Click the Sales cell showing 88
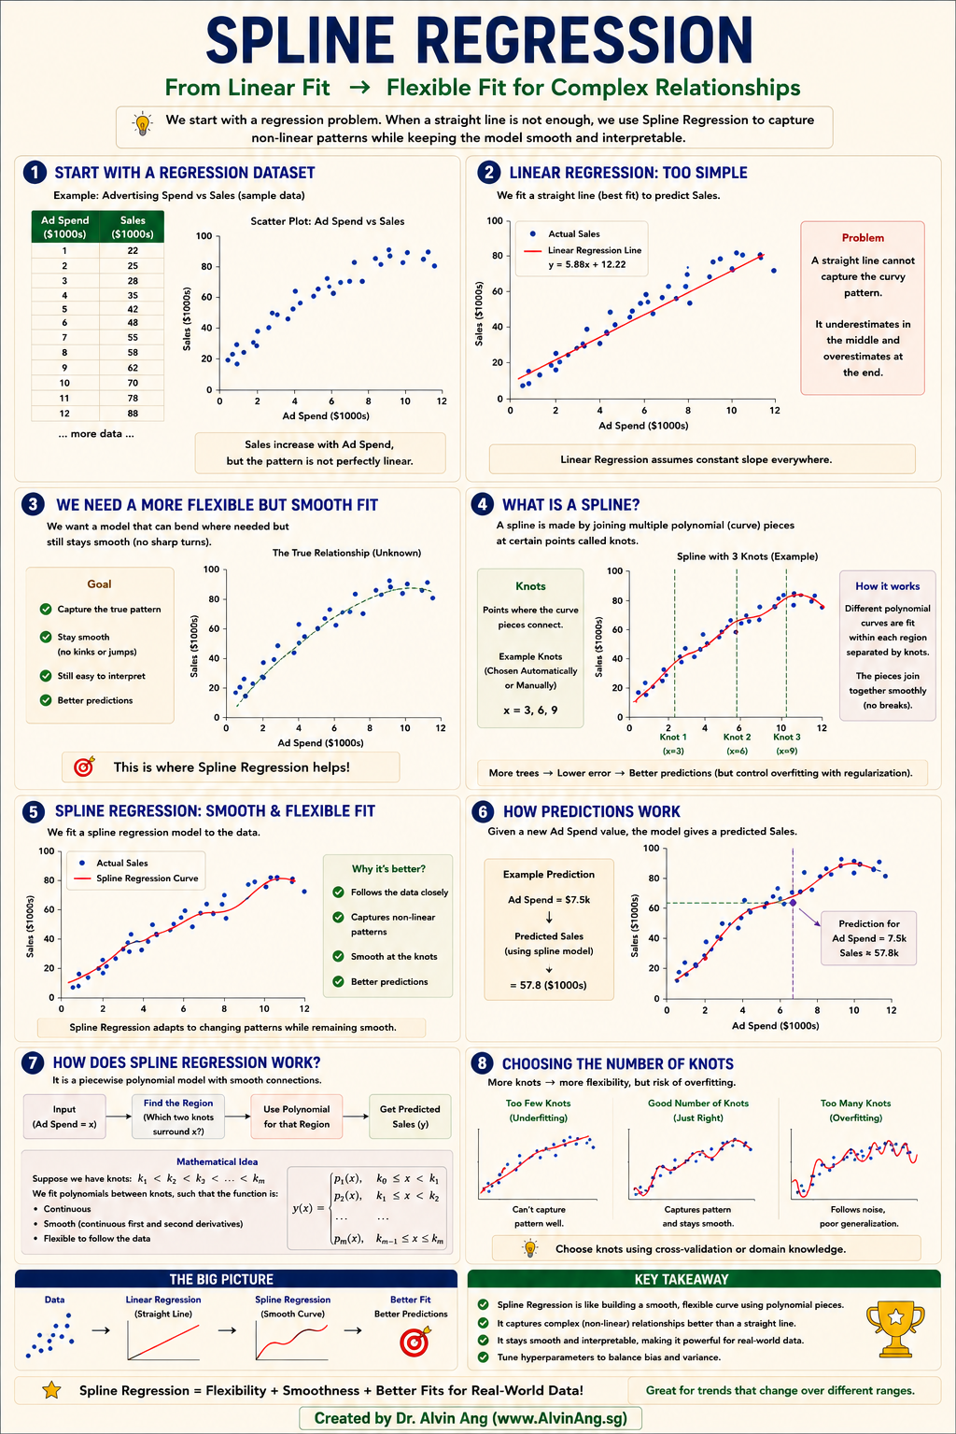pyautogui.click(x=133, y=413)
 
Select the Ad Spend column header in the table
pyautogui.click(x=64, y=227)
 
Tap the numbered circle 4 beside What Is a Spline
pyautogui.click(x=482, y=504)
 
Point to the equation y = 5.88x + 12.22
pyautogui.click(x=587, y=264)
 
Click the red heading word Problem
pyautogui.click(x=863, y=237)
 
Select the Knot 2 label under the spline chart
pyautogui.click(x=737, y=737)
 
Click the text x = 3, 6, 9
pyautogui.click(x=530, y=710)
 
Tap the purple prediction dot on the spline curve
pyautogui.click(x=793, y=903)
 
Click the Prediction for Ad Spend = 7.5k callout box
pyautogui.click(x=869, y=938)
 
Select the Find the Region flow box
pyautogui.click(x=178, y=1117)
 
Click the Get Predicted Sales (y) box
pyautogui.click(x=410, y=1117)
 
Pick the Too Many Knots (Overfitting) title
pyautogui.click(x=855, y=1110)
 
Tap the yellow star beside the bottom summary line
pyautogui.click(x=51, y=1390)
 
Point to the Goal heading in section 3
pyautogui.click(x=99, y=583)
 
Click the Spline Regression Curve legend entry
pyautogui.click(x=136, y=879)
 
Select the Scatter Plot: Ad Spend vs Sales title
pyautogui.click(x=327, y=221)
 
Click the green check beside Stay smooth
pyautogui.click(x=46, y=637)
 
